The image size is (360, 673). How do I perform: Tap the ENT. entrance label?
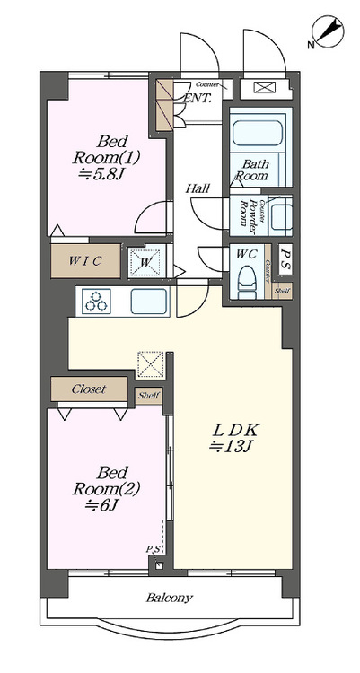198,100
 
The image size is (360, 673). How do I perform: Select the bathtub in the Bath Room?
258,135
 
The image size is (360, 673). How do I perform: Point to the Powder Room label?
242,214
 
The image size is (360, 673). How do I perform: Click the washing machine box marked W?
145,262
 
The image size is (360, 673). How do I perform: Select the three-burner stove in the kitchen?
97,302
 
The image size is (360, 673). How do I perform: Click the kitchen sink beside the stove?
150,301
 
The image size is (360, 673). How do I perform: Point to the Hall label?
198,188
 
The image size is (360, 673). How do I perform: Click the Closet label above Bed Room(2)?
88,389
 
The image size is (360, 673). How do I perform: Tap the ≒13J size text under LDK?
231,445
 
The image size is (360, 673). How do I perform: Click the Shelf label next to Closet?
148,395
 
